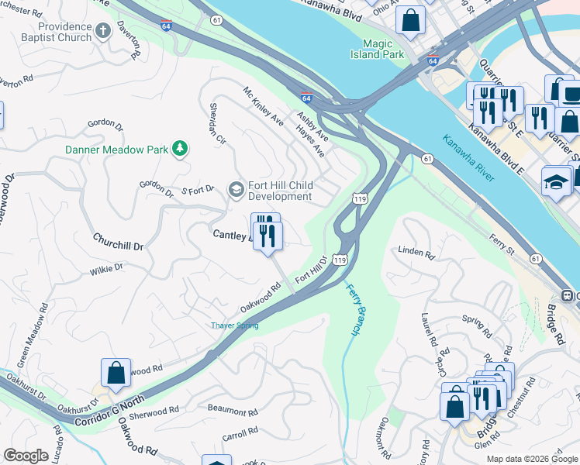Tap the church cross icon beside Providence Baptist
(103, 32)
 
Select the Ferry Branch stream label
(352, 309)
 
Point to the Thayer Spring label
(234, 325)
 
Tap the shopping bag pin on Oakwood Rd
(116, 372)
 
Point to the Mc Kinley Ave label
(264, 106)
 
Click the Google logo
(26, 456)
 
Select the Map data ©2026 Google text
(531, 459)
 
